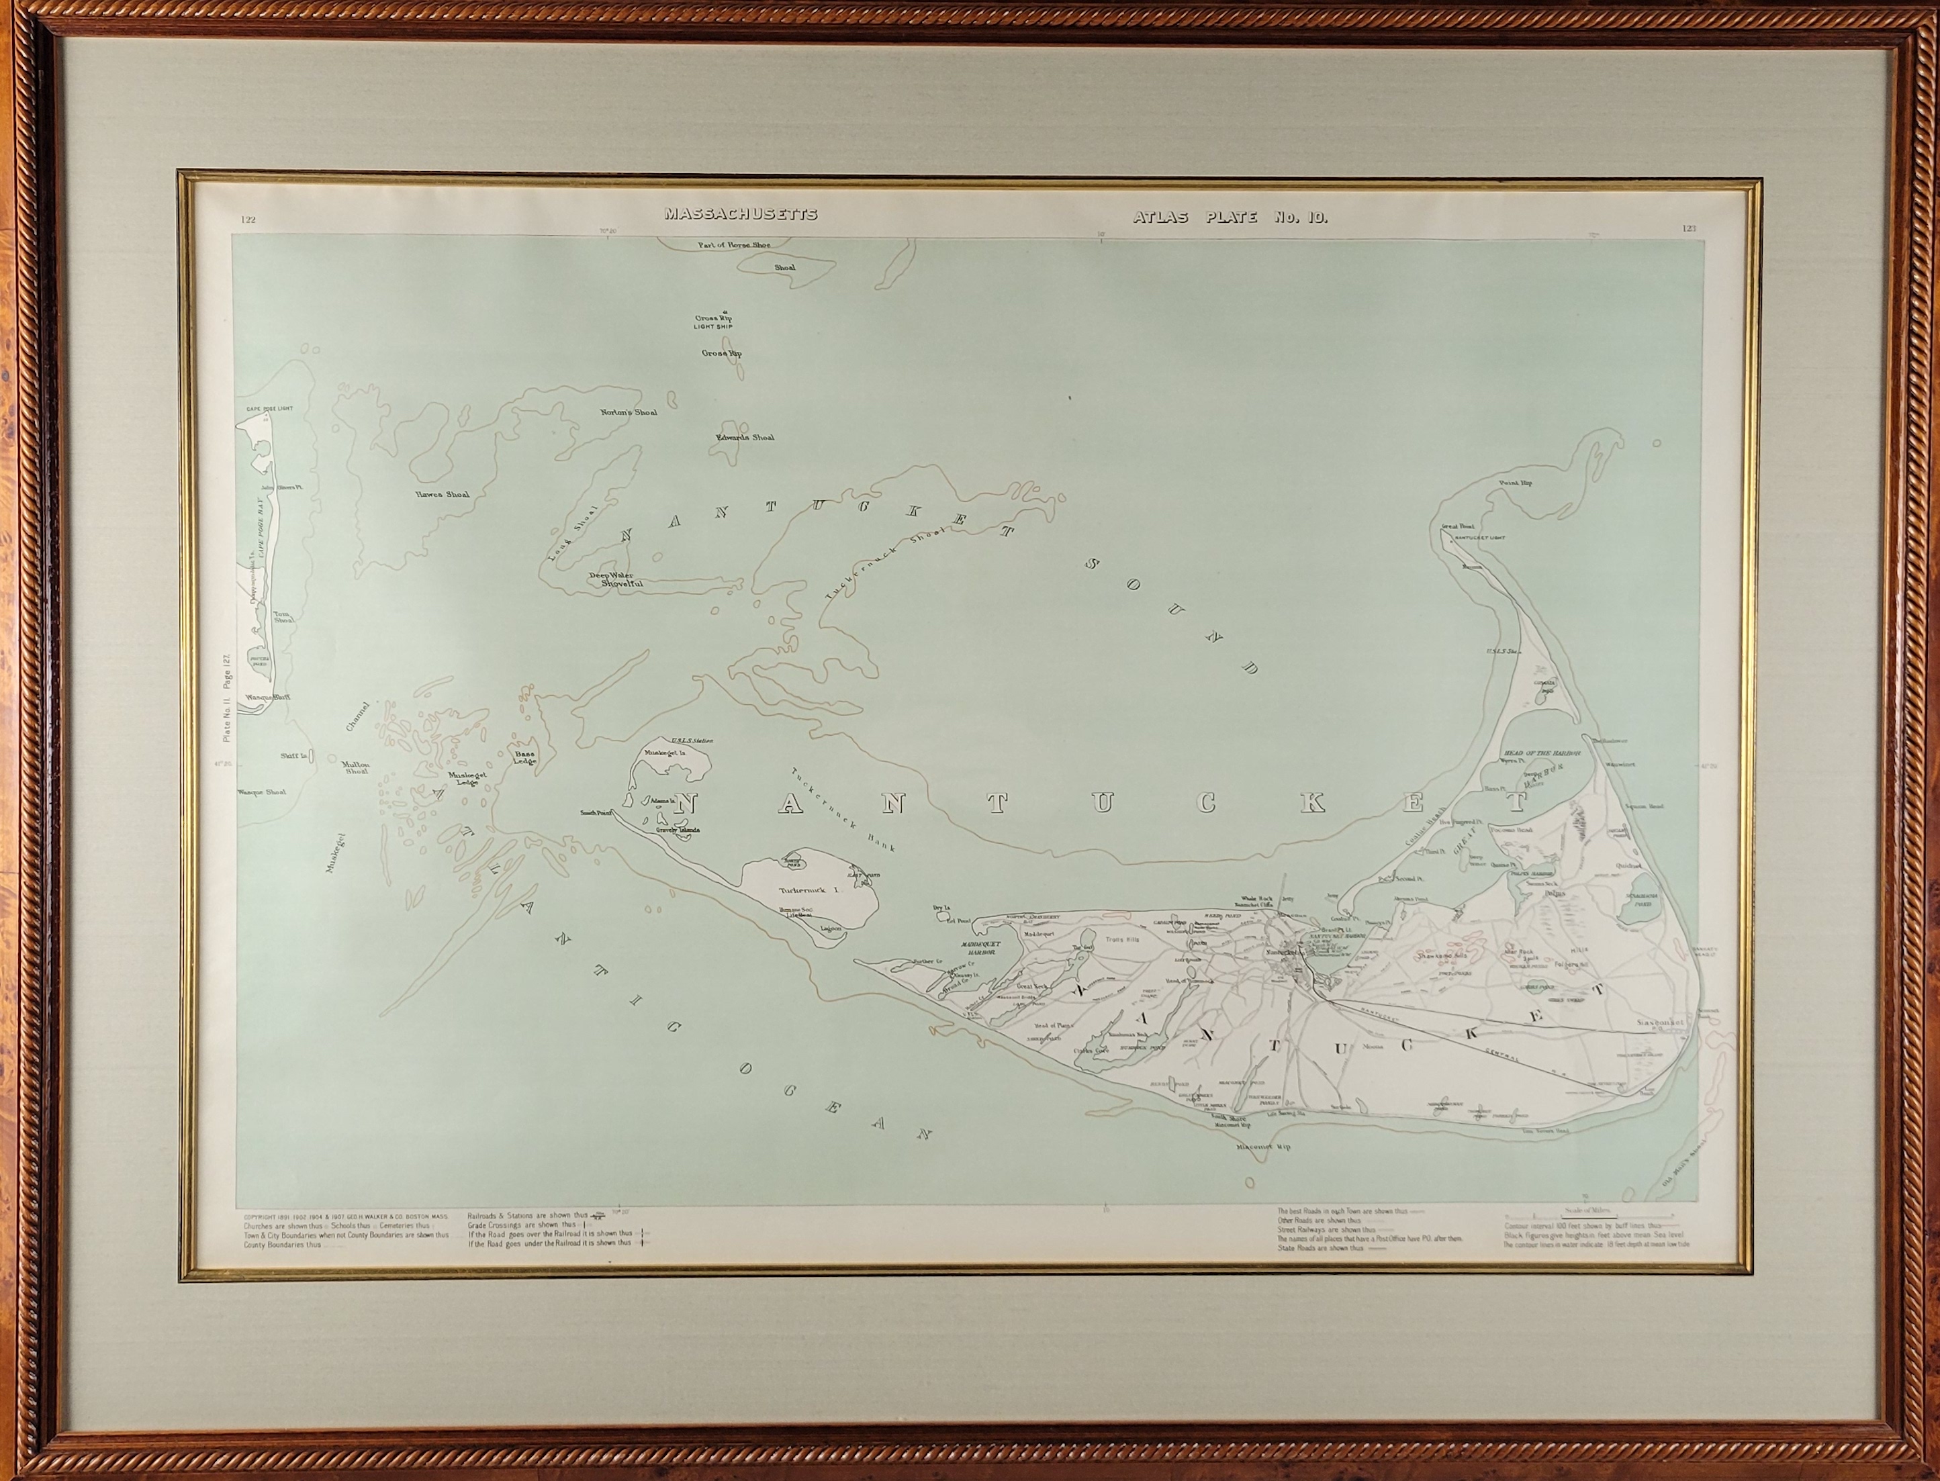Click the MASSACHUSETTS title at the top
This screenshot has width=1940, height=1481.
[741, 214]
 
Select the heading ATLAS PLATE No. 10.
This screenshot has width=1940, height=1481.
[1230, 217]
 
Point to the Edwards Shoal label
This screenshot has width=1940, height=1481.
[745, 437]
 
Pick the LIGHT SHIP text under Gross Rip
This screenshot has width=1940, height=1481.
[713, 327]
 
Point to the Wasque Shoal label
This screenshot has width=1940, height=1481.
[262, 792]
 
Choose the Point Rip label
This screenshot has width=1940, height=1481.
[1515, 483]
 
